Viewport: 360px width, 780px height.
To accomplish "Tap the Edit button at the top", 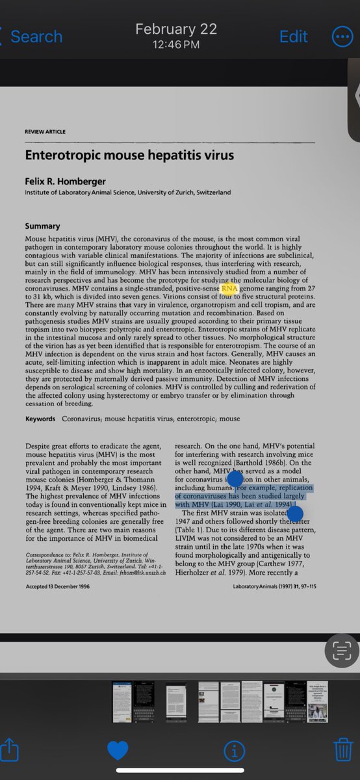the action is coord(293,36).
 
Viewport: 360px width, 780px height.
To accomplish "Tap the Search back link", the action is coord(36,36).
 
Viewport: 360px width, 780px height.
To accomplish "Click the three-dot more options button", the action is coord(342,36).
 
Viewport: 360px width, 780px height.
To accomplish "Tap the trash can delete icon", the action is coord(342,750).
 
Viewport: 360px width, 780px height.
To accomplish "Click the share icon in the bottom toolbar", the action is coord(10,750).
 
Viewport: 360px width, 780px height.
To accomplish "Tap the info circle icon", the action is coord(233,751).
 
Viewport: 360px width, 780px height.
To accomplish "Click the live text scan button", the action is coord(342,650).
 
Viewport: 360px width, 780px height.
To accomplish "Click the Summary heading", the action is coord(42,226).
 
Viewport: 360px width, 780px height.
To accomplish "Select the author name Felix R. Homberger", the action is coord(65,181).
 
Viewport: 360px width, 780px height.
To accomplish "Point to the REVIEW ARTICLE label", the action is coord(45,132).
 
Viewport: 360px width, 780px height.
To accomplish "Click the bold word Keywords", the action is coord(40,419).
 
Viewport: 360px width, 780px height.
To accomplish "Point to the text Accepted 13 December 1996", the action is coord(57,587).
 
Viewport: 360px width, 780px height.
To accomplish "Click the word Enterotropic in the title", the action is coord(64,156).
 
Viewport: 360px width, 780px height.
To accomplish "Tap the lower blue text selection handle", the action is coord(295,514).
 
